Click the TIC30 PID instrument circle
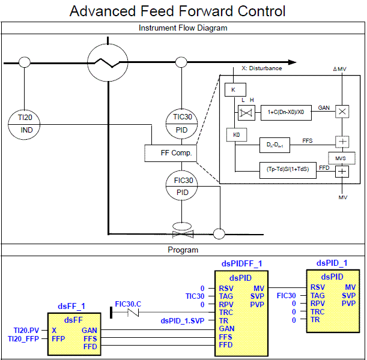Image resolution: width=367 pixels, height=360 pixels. click(183, 123)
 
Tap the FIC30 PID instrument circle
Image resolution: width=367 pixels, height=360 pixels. click(183, 186)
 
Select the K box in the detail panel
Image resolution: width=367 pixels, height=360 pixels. click(232, 89)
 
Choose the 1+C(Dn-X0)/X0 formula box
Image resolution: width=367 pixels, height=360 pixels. click(285, 112)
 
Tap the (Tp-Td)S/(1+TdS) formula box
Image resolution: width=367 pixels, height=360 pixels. click(287, 170)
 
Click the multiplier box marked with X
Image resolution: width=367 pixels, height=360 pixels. click(342, 112)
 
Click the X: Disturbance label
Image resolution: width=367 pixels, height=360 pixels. click(261, 68)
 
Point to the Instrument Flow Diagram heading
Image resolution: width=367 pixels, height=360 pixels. click(183, 28)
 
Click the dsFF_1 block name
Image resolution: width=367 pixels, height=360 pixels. click(71, 306)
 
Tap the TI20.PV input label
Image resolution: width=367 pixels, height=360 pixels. click(27, 330)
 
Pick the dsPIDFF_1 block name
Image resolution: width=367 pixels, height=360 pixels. click(241, 263)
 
